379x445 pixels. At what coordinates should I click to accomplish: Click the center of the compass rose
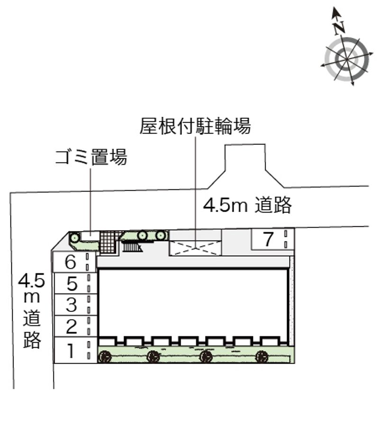tap(347, 59)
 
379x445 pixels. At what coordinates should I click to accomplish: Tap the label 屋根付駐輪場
tap(195, 126)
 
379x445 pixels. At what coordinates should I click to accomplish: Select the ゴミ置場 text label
tap(91, 157)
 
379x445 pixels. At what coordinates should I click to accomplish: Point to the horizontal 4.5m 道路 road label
tap(247, 205)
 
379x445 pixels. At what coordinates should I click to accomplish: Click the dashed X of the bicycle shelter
tap(195, 249)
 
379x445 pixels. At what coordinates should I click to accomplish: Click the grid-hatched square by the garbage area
tap(108, 242)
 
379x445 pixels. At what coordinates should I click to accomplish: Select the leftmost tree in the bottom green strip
tap(105, 356)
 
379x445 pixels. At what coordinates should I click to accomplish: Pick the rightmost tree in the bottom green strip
tap(262, 356)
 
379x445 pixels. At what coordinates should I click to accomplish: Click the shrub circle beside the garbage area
tap(75, 237)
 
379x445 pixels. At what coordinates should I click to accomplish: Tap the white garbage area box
tap(90, 236)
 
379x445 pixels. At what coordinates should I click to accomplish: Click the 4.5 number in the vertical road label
tap(32, 280)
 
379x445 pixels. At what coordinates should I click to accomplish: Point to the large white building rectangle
tap(193, 303)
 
